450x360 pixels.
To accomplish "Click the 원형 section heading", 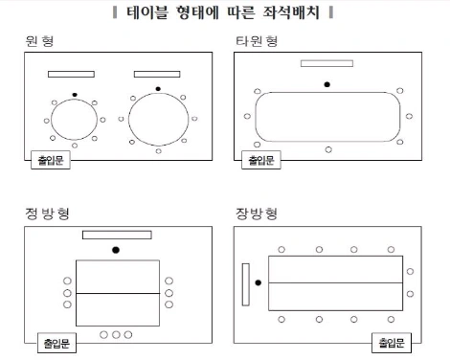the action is pyautogui.click(x=39, y=41).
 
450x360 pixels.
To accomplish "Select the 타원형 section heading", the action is pyautogui.click(x=257, y=41).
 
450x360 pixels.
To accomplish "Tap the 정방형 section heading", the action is pyautogui.click(x=47, y=214).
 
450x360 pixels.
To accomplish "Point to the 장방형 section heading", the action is pyautogui.click(x=257, y=214).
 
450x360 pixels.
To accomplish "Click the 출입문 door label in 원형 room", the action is pyautogui.click(x=51, y=160).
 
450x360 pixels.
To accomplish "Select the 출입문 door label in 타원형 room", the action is pyautogui.click(x=261, y=160).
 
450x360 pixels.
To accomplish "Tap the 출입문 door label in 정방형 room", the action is pyautogui.click(x=56, y=343).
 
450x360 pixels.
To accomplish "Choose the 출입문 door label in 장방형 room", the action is pyautogui.click(x=392, y=343).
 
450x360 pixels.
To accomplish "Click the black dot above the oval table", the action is pyautogui.click(x=327, y=84).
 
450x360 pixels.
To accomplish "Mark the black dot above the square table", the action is pyautogui.click(x=116, y=250).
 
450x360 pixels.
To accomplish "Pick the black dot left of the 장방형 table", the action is pyautogui.click(x=259, y=282).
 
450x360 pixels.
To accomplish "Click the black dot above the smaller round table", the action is pyautogui.click(x=75, y=95).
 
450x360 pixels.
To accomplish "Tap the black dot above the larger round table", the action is pyautogui.click(x=158, y=89).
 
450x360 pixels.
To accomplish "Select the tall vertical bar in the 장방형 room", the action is pyautogui.click(x=246, y=284).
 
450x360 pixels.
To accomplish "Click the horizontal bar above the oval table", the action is pyautogui.click(x=326, y=63).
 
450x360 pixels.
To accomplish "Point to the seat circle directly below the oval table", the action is pyautogui.click(x=328, y=149).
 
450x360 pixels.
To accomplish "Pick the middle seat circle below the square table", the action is pyautogui.click(x=116, y=335).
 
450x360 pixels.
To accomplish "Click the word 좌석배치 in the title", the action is pyautogui.click(x=291, y=12).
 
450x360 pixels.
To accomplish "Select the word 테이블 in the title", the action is pyautogui.click(x=147, y=12).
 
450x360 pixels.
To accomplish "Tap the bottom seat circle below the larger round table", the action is pyautogui.click(x=159, y=151).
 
